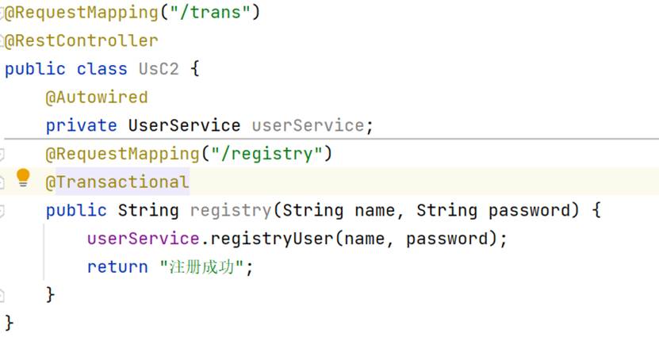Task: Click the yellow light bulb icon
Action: point(23,177)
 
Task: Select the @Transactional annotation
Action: point(117,182)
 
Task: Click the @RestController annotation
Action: point(82,40)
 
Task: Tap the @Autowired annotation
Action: point(97,98)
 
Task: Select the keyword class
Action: point(102,69)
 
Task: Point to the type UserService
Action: point(184,125)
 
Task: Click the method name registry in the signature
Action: point(230,210)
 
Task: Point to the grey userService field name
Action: point(308,125)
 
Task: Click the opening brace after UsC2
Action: point(195,69)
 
